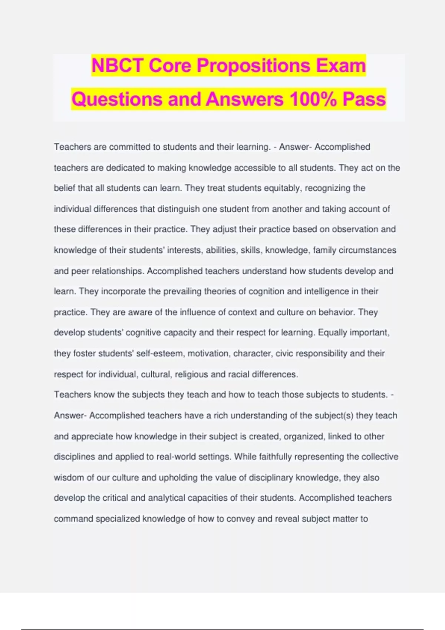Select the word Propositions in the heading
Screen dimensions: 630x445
(253, 66)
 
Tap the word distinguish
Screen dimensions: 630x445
(178, 209)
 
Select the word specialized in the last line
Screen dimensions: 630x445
(118, 518)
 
